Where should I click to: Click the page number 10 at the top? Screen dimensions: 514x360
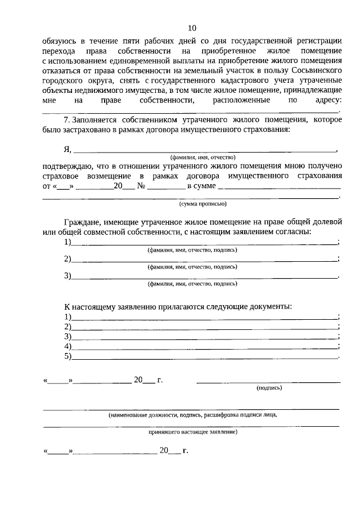[x=192, y=28]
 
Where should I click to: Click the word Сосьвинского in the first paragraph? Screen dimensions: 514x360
[x=313, y=69]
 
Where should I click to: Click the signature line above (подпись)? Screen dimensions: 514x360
[x=268, y=382]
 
